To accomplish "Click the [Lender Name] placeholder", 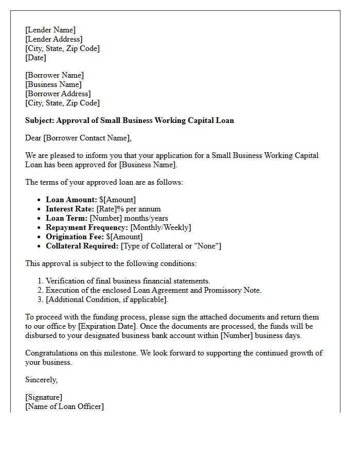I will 50,30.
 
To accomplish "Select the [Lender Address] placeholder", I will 53,39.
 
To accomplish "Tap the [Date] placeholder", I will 35,58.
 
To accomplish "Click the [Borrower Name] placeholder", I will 55,75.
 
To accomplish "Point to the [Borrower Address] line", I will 58,94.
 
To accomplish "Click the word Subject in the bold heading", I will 40,120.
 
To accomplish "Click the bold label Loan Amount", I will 71,200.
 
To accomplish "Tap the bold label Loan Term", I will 66,218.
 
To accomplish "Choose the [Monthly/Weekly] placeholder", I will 160,227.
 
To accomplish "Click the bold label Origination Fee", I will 75,237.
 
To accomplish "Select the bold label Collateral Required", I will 82,246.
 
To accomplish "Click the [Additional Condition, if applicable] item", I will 106,299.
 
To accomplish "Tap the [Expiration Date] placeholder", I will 107,326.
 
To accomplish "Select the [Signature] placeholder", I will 44,397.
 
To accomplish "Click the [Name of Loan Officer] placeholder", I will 64,406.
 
